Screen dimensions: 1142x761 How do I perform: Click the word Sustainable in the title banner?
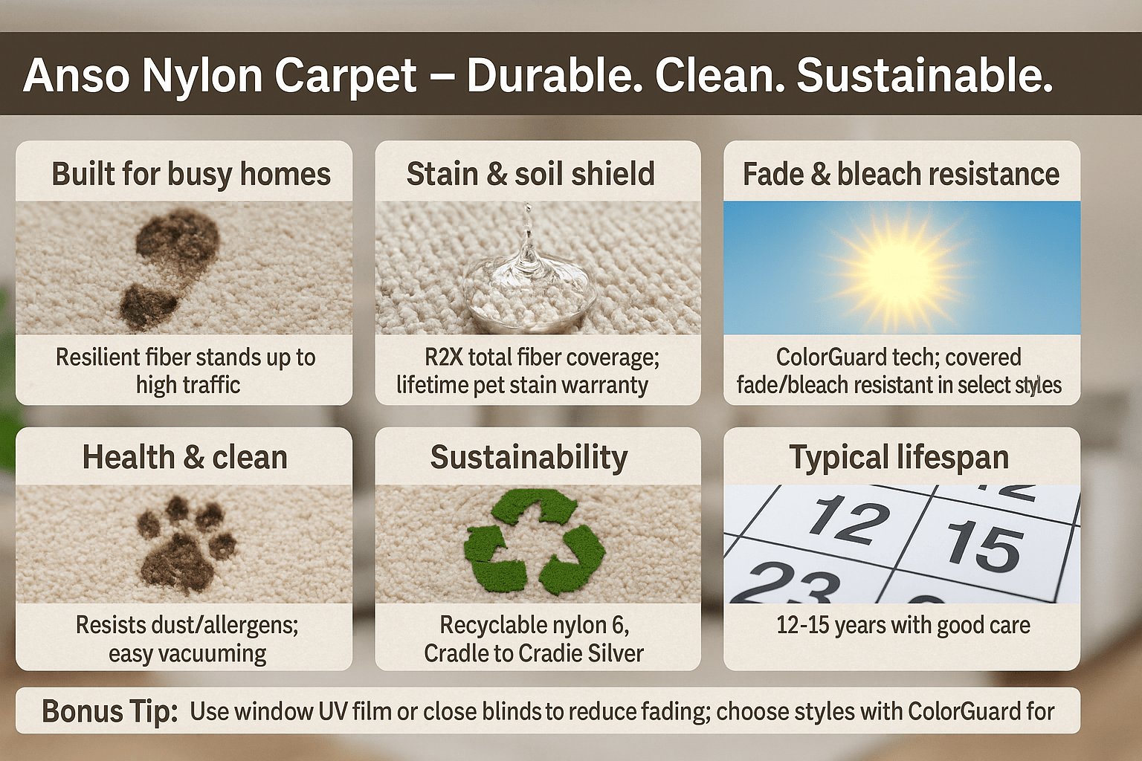pos(924,75)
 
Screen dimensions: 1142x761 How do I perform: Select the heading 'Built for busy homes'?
pos(191,174)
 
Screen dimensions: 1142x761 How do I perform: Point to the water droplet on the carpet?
pos(529,275)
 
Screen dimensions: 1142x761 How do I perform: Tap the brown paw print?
pos(184,545)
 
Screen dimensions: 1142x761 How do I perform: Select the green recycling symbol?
pos(534,542)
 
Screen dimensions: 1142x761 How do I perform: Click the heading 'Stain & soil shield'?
pos(530,174)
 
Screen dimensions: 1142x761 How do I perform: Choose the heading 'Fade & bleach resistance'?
pos(901,174)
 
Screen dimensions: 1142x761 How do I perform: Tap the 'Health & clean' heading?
pos(184,457)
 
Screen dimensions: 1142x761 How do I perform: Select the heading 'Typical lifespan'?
pos(899,458)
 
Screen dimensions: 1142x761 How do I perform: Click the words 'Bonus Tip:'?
pos(109,711)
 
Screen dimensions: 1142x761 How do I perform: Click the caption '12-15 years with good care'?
pos(903,626)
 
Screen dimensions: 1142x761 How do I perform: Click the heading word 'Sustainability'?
pos(529,458)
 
